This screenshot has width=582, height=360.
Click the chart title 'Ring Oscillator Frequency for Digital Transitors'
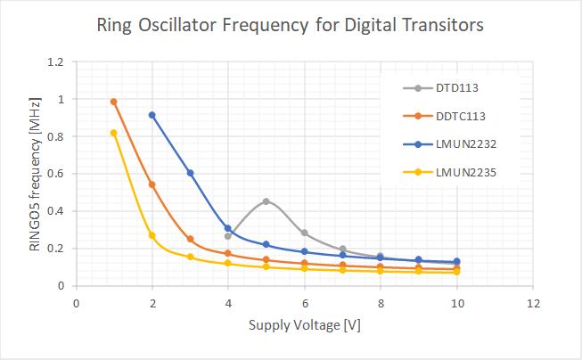pos(290,26)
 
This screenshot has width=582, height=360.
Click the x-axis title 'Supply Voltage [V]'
pos(305,325)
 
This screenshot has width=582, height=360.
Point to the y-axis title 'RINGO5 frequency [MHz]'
pos(35,174)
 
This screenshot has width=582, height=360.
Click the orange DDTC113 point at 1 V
pos(114,102)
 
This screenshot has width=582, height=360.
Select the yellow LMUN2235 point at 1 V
pos(114,133)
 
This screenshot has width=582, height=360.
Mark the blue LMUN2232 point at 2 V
pos(152,115)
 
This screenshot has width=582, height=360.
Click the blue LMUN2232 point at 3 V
pos(191,173)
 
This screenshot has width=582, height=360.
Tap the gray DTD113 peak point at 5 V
pos(266,201)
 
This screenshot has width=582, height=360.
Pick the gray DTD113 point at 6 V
pos(305,233)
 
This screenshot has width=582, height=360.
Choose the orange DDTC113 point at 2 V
pos(152,184)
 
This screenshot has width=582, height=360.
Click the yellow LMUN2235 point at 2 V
pos(152,235)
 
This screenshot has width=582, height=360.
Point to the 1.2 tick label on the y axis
pos(57,62)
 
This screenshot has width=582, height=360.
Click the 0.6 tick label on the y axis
pos(57,174)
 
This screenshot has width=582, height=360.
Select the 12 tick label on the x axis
pos(533,303)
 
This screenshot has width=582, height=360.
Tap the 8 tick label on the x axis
pos(381,303)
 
